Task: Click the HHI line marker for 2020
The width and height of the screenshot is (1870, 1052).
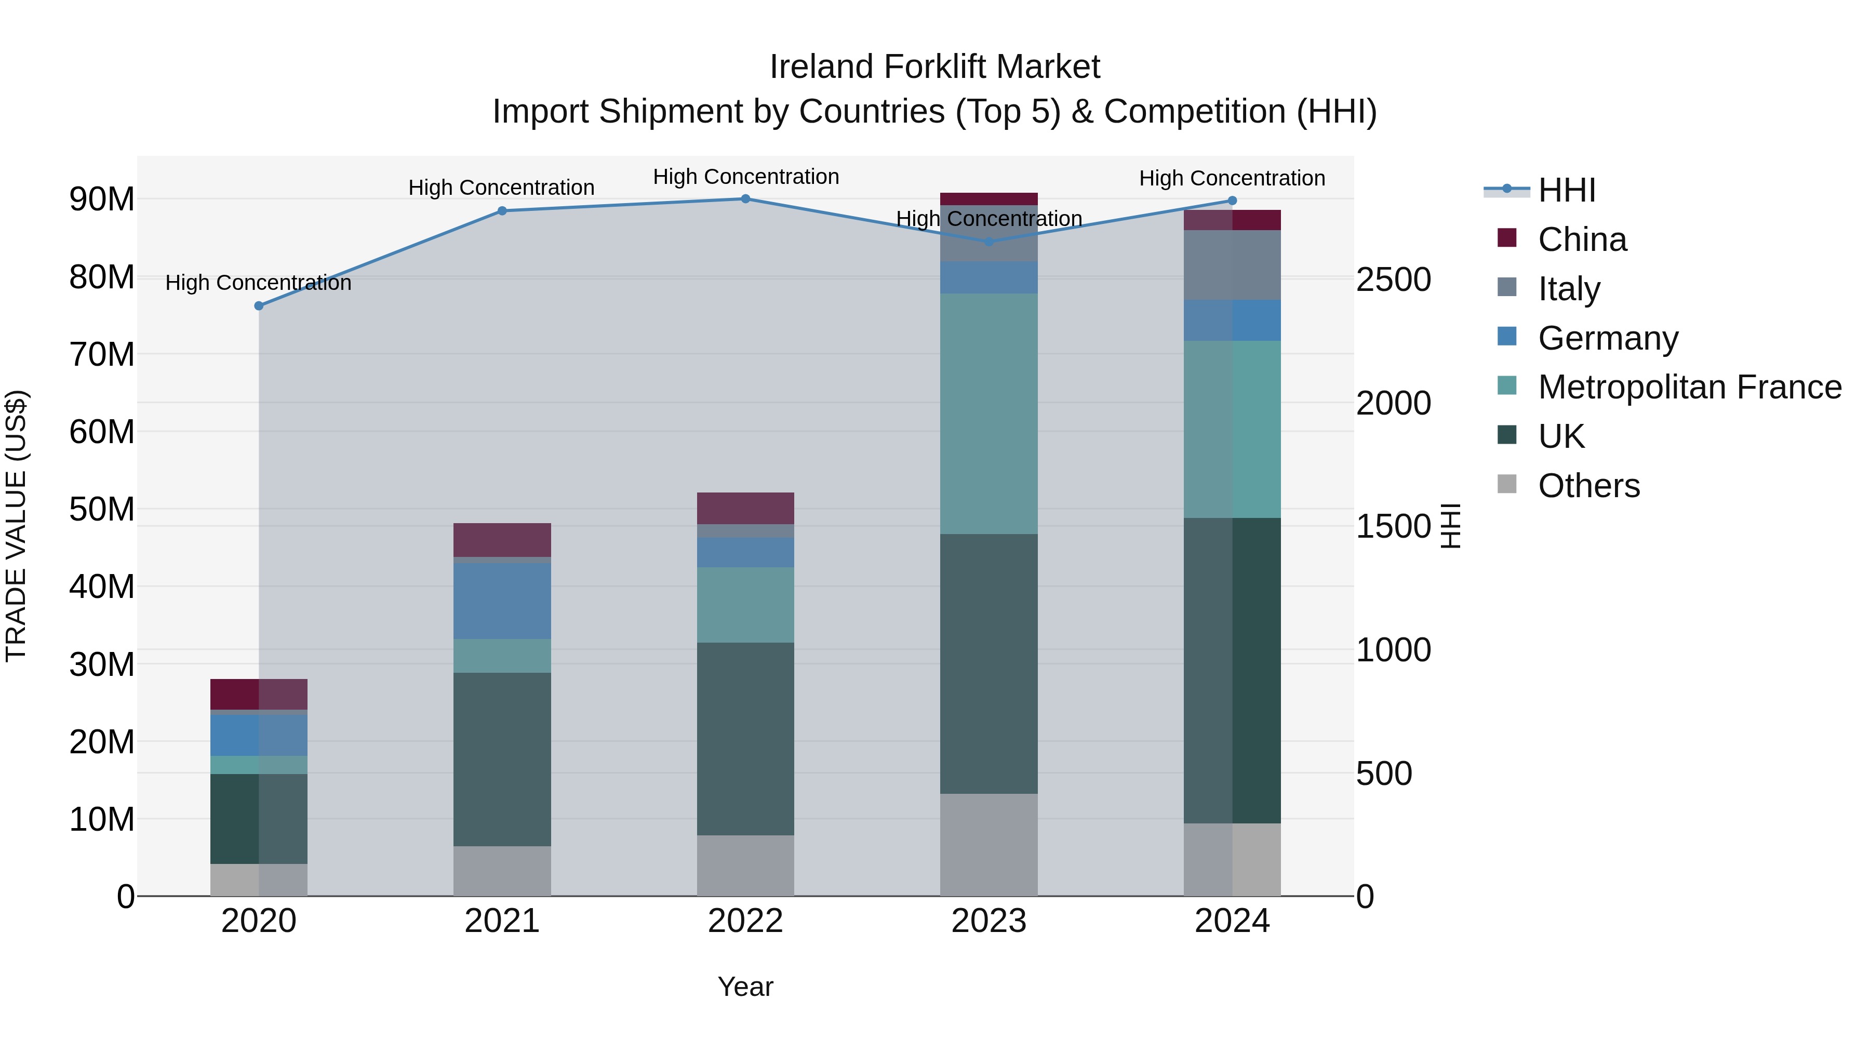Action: [x=259, y=305]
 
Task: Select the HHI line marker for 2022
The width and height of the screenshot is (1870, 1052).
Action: [x=745, y=199]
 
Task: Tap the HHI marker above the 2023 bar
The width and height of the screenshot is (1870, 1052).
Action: [x=989, y=242]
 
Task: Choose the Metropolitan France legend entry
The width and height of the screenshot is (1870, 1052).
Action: [x=1689, y=387]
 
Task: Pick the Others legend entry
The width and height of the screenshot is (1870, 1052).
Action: [x=1588, y=486]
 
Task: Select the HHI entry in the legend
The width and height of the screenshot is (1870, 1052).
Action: [x=1567, y=190]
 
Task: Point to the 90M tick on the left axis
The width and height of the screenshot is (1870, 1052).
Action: [x=102, y=199]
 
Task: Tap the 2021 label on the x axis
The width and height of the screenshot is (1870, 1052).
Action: [x=502, y=921]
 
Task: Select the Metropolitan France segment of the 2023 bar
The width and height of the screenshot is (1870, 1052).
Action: [x=989, y=414]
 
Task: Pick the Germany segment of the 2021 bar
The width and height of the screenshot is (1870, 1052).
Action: [x=502, y=601]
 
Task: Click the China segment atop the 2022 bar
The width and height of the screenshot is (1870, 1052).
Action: [x=745, y=508]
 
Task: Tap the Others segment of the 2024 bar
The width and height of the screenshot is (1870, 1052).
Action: [x=1232, y=860]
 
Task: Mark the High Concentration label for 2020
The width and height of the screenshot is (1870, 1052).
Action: [x=259, y=283]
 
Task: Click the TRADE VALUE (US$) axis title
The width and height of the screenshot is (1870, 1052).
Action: [x=16, y=526]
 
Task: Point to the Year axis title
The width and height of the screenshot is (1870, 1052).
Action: [x=745, y=987]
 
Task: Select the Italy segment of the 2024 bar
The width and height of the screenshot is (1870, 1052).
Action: [x=1232, y=265]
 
